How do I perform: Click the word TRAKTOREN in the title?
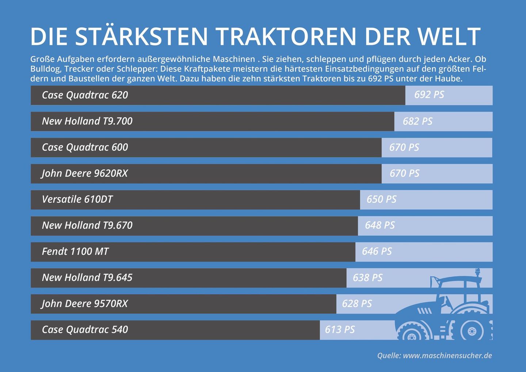(286, 37)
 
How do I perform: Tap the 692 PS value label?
(429, 95)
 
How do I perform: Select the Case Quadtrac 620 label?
(85, 95)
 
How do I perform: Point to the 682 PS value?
(418, 121)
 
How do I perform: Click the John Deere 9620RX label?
(84, 173)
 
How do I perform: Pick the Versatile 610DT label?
(77, 200)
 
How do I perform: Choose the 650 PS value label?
(381, 200)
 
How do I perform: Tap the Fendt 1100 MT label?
(75, 251)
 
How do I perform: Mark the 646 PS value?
(377, 251)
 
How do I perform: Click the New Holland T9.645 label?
(87, 278)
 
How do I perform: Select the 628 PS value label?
(357, 304)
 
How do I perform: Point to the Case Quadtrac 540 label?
(85, 330)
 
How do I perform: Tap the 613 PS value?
(340, 330)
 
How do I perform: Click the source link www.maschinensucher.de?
(447, 356)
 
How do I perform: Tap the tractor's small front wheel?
(412, 334)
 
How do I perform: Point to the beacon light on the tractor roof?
(477, 273)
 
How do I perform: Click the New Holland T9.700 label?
(87, 121)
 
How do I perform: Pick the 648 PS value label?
(380, 225)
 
